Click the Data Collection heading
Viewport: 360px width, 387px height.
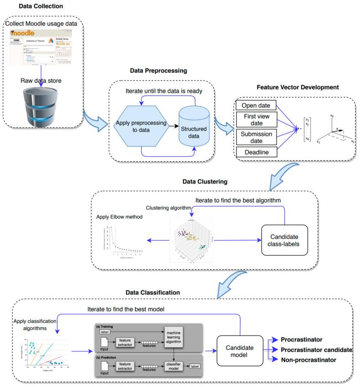point(41,6)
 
